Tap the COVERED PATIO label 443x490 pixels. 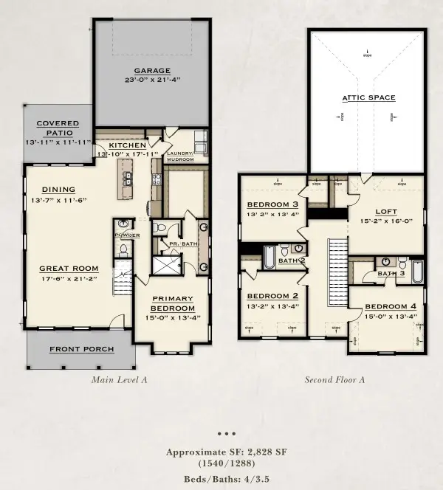coord(58,128)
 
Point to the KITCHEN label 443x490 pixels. coord(128,145)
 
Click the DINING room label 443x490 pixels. coord(58,189)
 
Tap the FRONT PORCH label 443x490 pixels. coord(82,349)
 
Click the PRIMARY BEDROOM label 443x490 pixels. coord(173,303)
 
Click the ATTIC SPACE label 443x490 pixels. coord(368,97)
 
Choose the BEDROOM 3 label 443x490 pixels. coord(272,204)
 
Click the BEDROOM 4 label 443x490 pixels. coord(391,306)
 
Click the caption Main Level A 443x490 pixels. coord(120,380)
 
